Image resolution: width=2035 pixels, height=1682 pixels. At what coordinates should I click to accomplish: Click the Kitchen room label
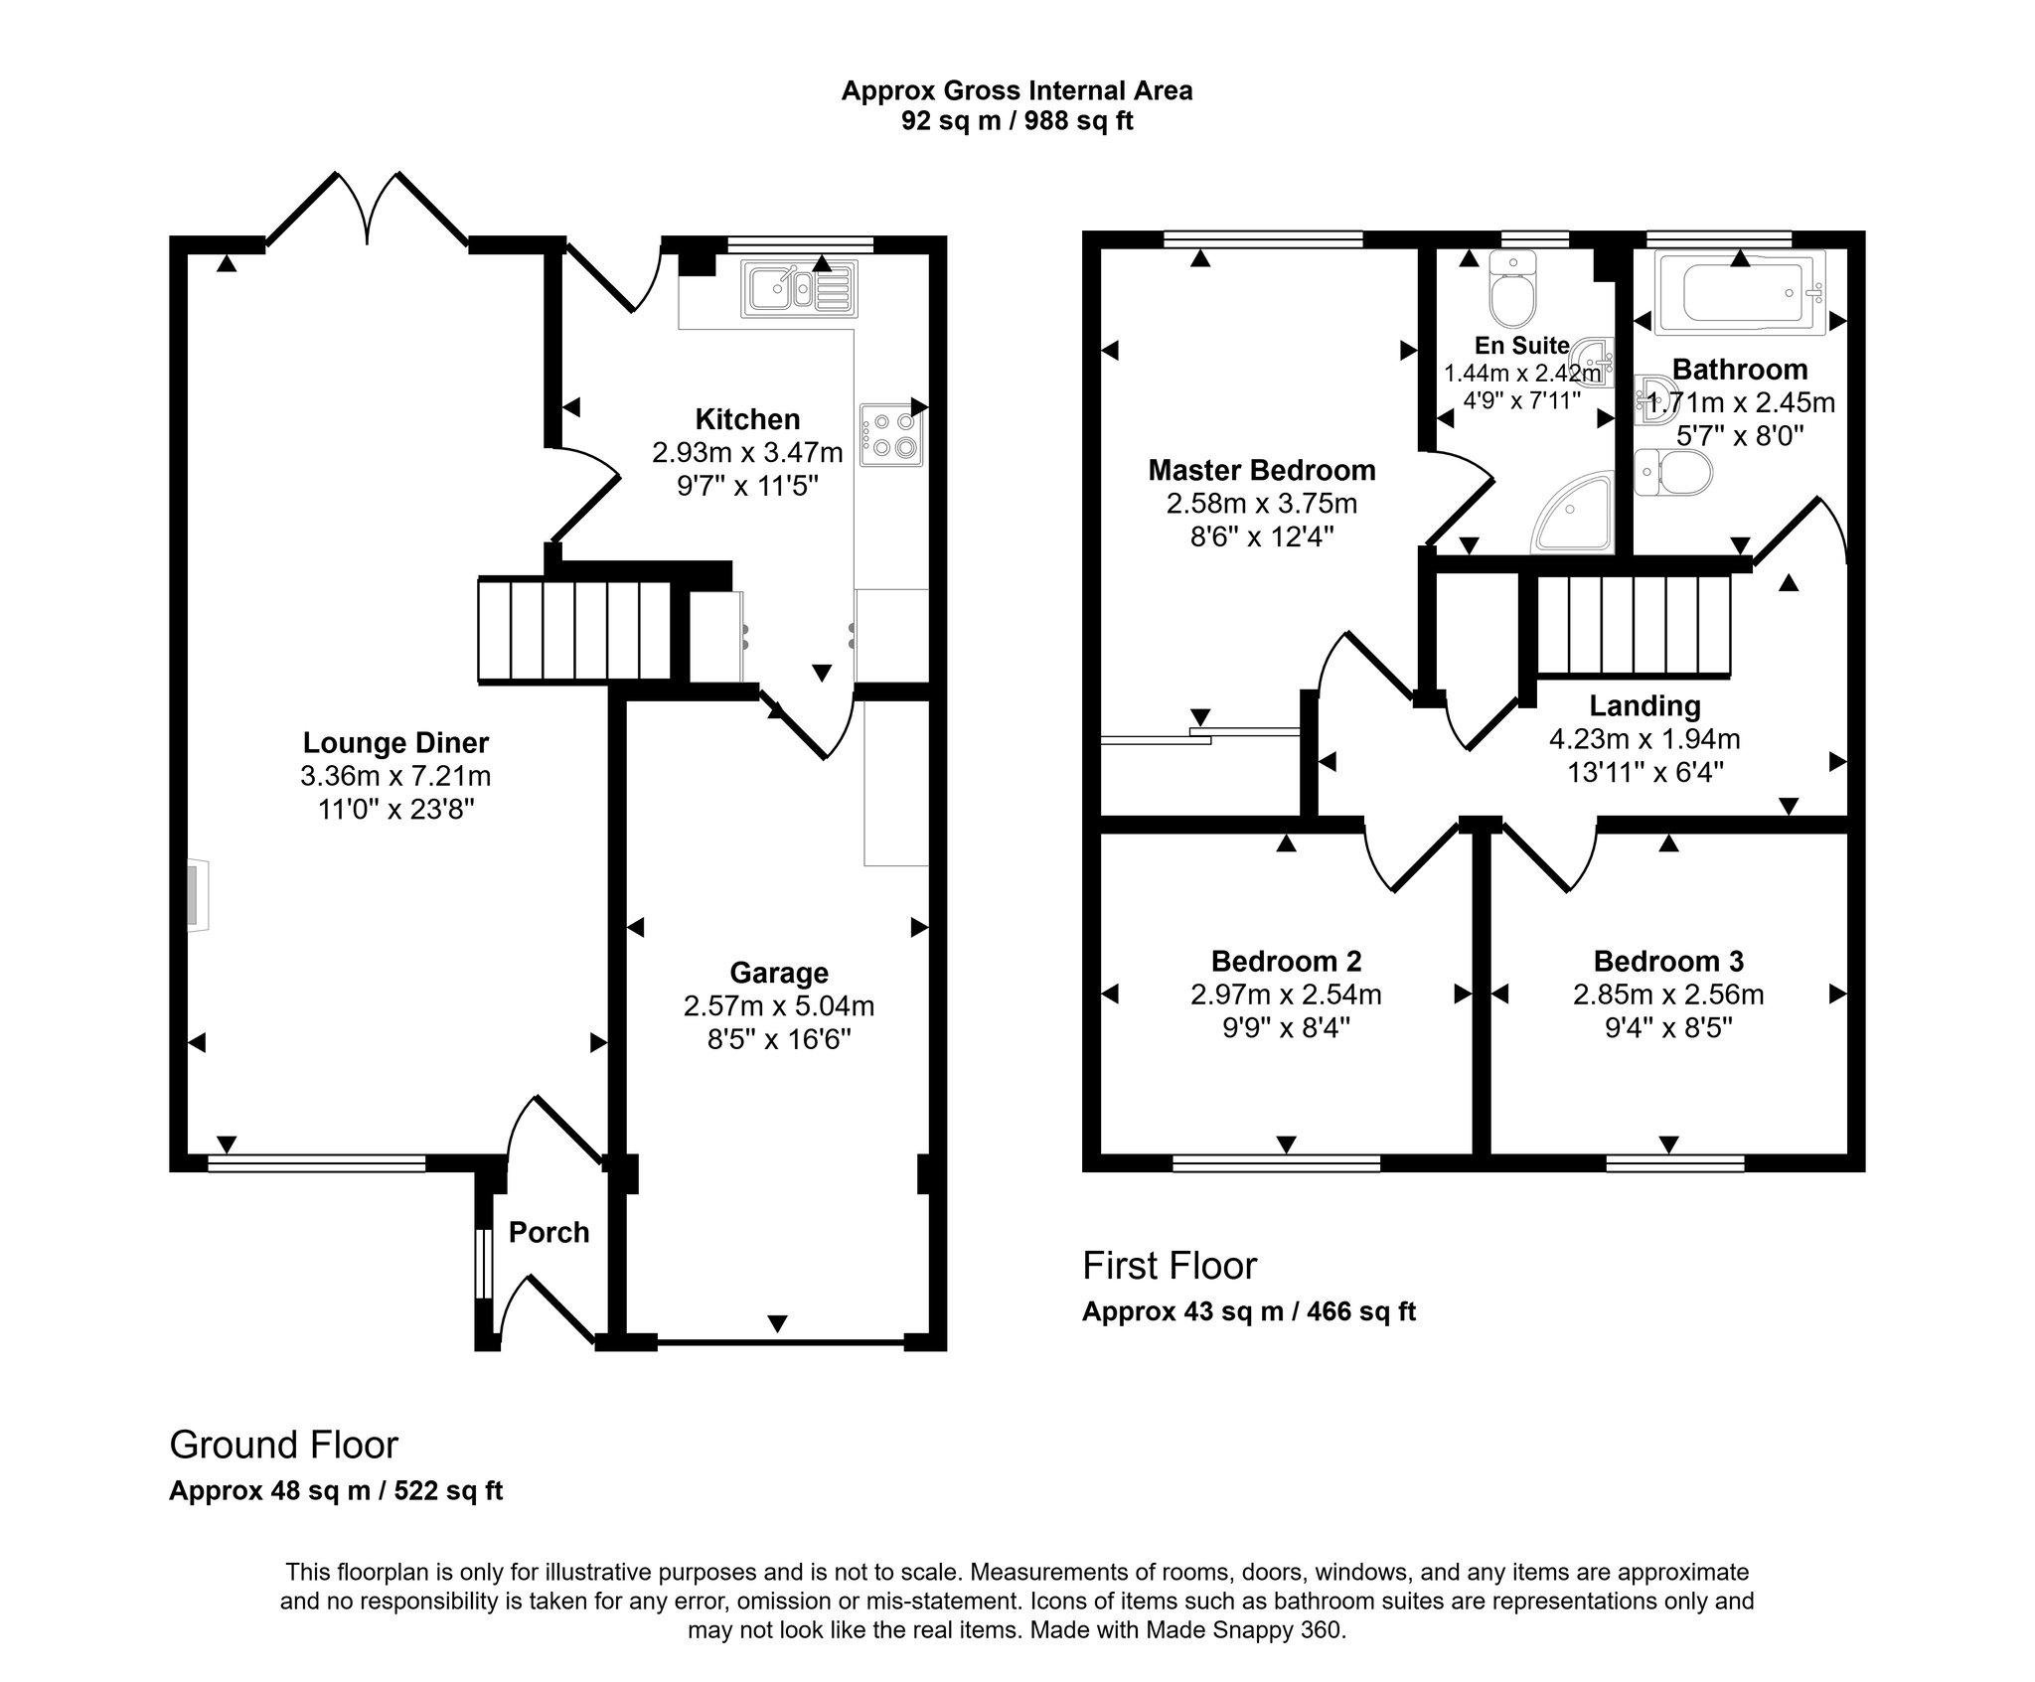[747, 418]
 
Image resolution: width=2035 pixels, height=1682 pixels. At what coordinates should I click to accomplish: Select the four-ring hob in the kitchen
[891, 435]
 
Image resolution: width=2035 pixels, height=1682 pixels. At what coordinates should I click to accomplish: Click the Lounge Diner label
[395, 742]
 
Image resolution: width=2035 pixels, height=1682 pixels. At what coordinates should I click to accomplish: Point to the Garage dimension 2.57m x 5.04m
[779, 1005]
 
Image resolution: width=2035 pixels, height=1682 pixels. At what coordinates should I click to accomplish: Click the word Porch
[548, 1232]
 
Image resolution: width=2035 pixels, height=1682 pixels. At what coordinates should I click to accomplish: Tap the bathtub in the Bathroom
[1740, 291]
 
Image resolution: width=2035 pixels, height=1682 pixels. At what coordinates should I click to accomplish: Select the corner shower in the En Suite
[1572, 511]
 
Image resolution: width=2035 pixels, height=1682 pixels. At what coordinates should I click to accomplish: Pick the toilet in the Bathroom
[1673, 473]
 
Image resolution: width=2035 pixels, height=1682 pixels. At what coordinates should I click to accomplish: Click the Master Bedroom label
[1262, 469]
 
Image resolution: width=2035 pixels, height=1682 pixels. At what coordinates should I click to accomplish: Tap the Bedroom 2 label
[1286, 961]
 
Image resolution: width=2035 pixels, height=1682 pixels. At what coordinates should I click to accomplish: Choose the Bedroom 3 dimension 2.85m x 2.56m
[1668, 994]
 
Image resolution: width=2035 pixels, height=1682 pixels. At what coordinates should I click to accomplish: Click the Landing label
[1644, 705]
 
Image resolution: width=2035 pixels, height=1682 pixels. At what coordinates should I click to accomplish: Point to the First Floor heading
[1170, 1266]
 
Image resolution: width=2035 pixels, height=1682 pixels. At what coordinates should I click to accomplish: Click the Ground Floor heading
[284, 1445]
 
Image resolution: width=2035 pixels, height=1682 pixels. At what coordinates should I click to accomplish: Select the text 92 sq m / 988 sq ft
[1017, 120]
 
